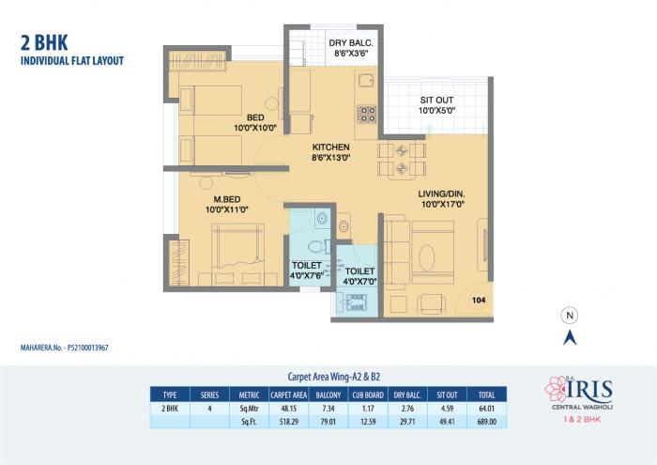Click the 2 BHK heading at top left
[x=42, y=43]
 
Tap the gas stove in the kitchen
[x=366, y=114]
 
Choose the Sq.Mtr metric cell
[x=249, y=410]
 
